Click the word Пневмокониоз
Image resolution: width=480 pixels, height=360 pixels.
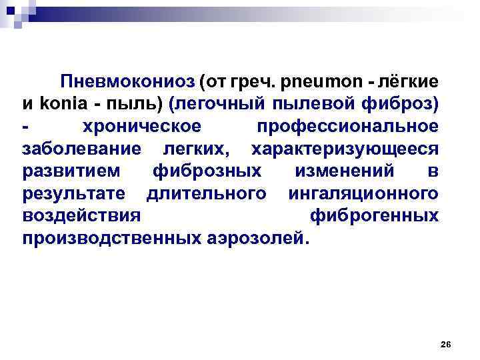127,82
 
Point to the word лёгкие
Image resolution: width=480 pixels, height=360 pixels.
407,82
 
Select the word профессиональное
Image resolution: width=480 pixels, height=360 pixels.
347,127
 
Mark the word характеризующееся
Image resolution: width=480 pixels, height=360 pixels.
344,149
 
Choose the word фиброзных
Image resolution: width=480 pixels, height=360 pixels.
207,171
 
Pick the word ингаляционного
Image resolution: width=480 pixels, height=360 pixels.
363,193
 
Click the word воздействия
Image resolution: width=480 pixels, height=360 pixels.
81,216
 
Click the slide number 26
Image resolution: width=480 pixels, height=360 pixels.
446,344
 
